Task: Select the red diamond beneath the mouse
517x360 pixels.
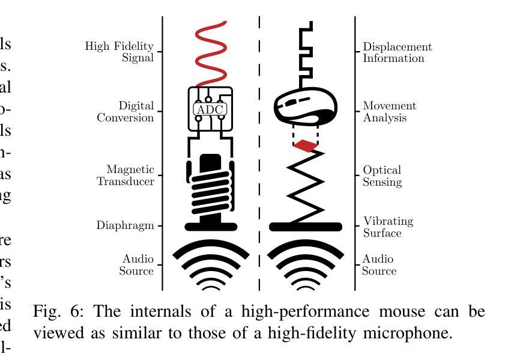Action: click(306, 145)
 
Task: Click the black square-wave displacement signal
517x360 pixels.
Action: click(307, 54)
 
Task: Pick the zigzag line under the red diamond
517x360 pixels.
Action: click(306, 186)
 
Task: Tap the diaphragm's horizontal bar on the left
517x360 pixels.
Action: click(211, 227)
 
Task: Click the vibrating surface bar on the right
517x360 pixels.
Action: click(306, 227)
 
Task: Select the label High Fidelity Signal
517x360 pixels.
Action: click(119, 52)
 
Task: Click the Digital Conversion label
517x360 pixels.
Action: click(125, 112)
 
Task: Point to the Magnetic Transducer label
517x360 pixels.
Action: click(125, 175)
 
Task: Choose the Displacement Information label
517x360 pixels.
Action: click(397, 52)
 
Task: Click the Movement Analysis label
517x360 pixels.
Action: click(389, 112)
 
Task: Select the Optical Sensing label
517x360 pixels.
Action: click(382, 176)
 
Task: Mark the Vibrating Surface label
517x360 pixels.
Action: click(388, 227)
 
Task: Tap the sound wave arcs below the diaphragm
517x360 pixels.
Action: click(211, 264)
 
